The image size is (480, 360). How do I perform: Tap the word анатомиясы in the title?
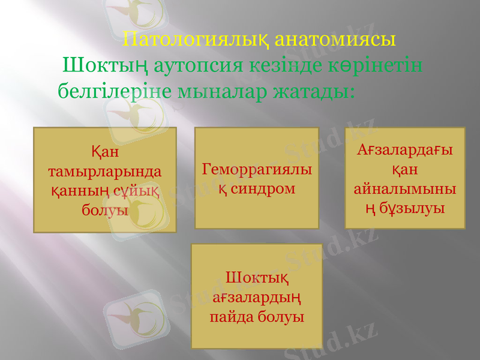click(335, 40)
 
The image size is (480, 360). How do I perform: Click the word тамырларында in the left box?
click(104, 171)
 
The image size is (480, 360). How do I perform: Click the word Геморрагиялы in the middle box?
click(257, 169)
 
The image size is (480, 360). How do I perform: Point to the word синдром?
click(262, 188)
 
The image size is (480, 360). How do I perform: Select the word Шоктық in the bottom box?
click(256, 277)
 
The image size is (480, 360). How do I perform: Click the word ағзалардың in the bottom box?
click(256, 296)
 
